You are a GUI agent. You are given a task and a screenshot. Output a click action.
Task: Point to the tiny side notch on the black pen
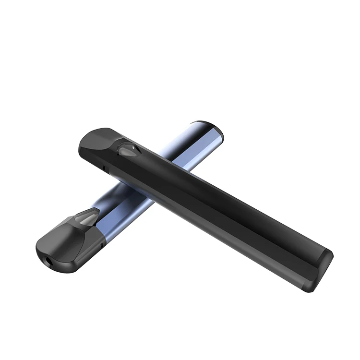point(105,168)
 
